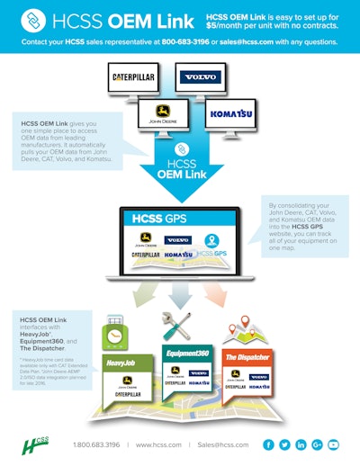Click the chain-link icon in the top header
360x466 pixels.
tap(29, 20)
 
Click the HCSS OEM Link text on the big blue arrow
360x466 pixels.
tap(180, 166)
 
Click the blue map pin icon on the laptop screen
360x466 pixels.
tap(211, 240)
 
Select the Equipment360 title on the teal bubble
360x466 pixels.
tap(186, 354)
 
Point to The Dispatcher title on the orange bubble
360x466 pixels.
tap(246, 356)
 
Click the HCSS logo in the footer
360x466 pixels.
tap(35, 444)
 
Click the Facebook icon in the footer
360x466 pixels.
tap(268, 444)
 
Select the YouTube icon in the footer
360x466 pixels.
tap(334, 444)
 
